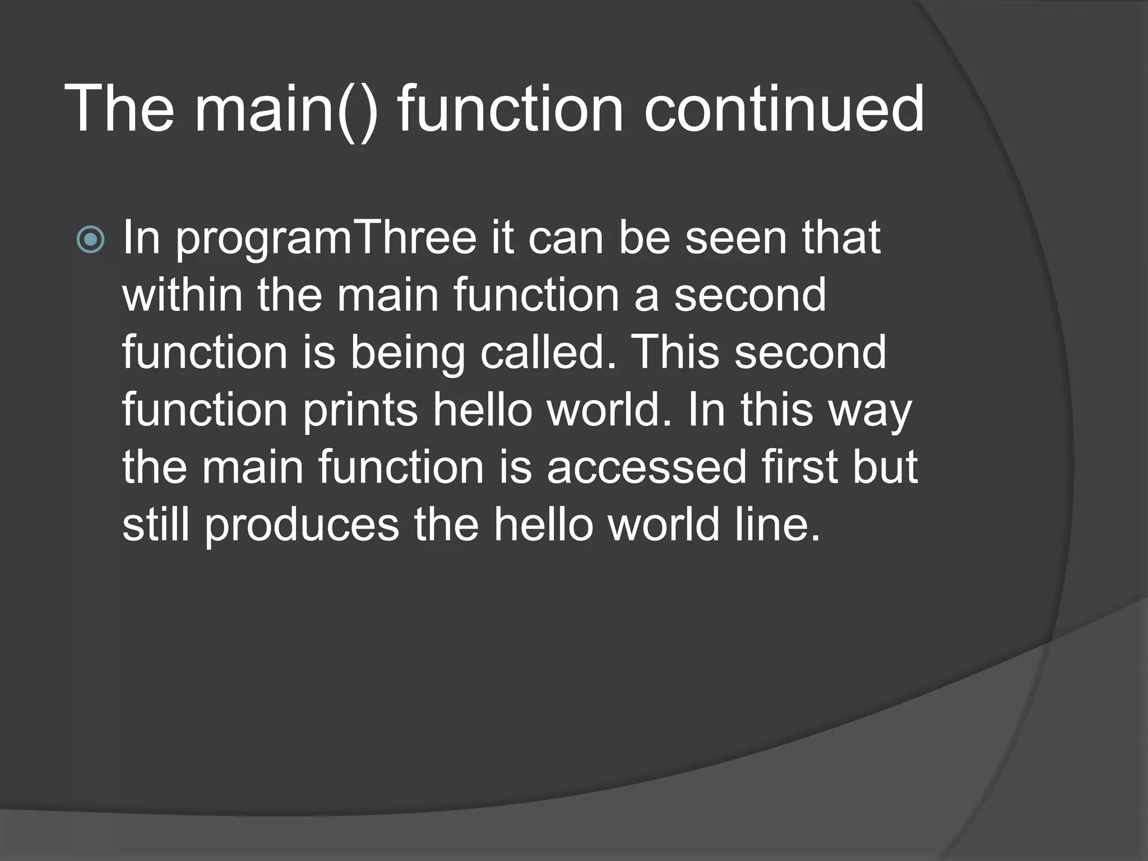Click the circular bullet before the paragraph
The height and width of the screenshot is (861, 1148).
(90, 240)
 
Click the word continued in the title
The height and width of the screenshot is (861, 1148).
(784, 109)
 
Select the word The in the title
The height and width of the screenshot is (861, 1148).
(119, 109)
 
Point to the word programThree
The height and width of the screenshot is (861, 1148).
(326, 239)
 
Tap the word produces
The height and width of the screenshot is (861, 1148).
(301, 526)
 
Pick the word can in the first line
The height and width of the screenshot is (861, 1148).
(566, 239)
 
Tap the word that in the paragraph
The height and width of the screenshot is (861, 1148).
(841, 238)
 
